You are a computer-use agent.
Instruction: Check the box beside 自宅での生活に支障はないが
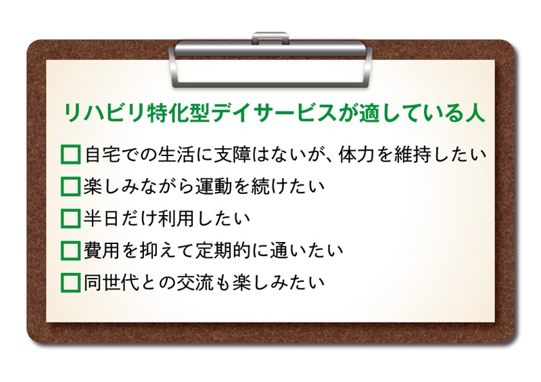click(71, 154)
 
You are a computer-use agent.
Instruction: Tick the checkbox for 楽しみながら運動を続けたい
click(71, 187)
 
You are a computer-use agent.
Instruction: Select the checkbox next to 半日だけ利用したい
click(71, 218)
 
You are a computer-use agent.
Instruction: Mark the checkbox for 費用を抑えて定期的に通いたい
click(71, 251)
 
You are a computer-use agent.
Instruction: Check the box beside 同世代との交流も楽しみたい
click(71, 283)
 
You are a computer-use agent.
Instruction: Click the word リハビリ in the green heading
click(103, 113)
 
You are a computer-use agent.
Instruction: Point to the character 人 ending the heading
click(475, 113)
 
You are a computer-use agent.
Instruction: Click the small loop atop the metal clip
click(270, 37)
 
